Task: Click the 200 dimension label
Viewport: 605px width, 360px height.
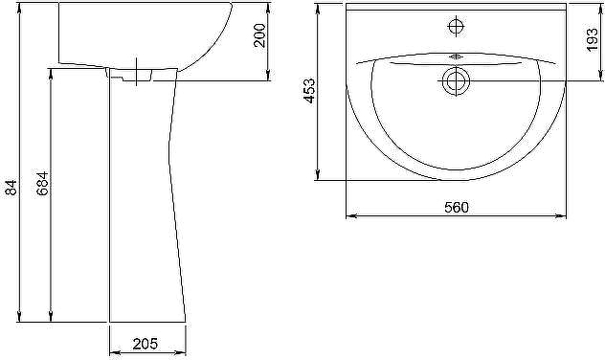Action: point(259,35)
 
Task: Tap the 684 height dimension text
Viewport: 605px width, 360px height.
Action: point(42,183)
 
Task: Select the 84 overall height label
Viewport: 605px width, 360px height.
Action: point(11,187)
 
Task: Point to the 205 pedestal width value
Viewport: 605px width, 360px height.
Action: point(146,344)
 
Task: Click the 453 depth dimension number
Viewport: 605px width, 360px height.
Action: point(309,91)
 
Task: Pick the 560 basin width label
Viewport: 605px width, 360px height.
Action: point(457,207)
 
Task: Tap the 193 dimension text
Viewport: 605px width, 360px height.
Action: point(592,39)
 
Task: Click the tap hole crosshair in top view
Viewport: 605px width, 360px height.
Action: point(456,26)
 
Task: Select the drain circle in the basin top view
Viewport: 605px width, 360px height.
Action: point(456,81)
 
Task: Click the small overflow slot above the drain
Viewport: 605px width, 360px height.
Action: point(456,56)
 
